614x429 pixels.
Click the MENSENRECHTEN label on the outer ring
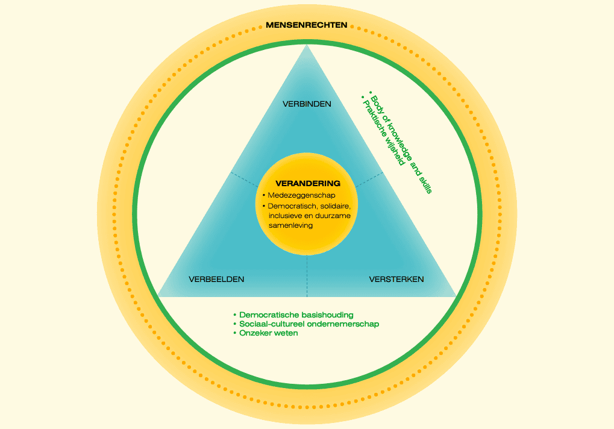click(x=307, y=25)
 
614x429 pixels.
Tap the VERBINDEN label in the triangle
click(x=307, y=104)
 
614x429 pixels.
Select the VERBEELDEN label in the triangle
click(x=216, y=280)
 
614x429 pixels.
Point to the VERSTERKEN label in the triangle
click(x=396, y=280)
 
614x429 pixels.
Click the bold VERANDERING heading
click(x=308, y=183)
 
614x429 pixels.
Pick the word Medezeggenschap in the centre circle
click(x=294, y=195)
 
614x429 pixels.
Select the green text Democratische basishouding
click(x=296, y=315)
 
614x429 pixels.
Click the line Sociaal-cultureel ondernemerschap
click(x=309, y=324)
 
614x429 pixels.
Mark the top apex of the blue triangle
click(x=307, y=46)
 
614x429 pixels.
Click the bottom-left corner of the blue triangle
click(x=158, y=296)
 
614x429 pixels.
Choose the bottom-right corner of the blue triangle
click(x=456, y=296)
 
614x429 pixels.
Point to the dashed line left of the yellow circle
click(x=245, y=178)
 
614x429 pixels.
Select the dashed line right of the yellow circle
click(x=370, y=178)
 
